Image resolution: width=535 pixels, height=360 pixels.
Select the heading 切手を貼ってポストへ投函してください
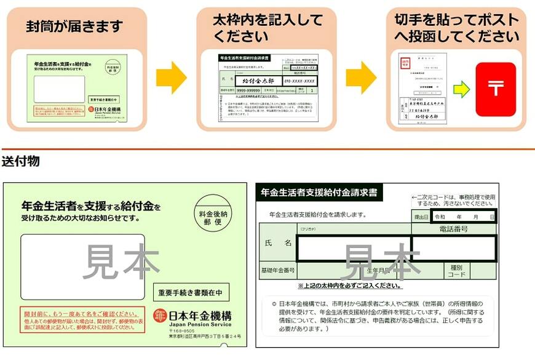(456, 28)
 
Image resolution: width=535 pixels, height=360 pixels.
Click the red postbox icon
(496, 89)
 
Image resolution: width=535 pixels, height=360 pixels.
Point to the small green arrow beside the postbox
(461, 90)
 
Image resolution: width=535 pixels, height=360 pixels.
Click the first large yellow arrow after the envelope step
(172, 78)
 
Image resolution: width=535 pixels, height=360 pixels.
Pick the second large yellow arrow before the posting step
(362, 78)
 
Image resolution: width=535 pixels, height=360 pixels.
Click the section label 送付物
(21, 162)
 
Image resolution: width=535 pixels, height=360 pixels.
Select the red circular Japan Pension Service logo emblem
(161, 314)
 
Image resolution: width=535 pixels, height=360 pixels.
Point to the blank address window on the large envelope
(82, 266)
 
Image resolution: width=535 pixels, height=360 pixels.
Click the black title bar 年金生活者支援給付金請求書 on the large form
(319, 192)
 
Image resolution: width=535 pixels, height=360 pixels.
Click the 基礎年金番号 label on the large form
(277, 270)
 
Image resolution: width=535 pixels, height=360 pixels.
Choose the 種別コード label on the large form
(456, 271)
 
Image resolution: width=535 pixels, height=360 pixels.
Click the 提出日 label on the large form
(421, 217)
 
